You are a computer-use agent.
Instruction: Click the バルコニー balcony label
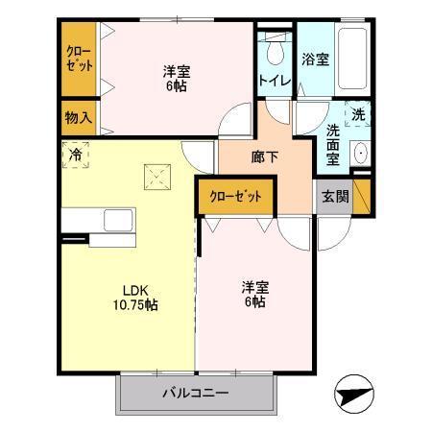pyautogui.click(x=194, y=393)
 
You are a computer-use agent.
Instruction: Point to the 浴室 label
pyautogui.click(x=317, y=60)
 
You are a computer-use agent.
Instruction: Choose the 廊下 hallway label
pyautogui.click(x=265, y=156)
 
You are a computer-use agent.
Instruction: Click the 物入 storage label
pyautogui.click(x=79, y=118)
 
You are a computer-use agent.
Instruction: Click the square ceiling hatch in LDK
pyautogui.click(x=155, y=176)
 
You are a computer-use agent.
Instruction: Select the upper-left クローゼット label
pyautogui.click(x=80, y=60)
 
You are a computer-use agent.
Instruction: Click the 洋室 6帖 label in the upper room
pyautogui.click(x=174, y=78)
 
